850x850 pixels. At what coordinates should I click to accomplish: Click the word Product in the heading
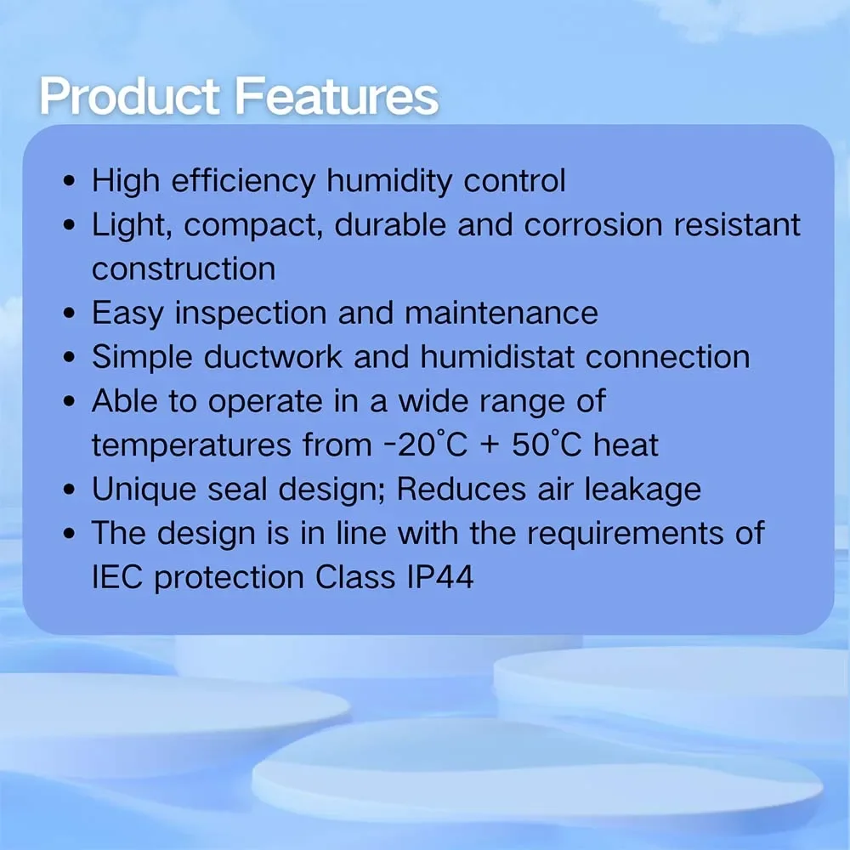(x=129, y=97)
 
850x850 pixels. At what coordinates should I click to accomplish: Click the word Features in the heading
(x=337, y=96)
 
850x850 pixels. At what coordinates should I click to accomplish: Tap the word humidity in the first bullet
(x=388, y=181)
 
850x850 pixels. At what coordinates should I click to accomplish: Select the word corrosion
(x=593, y=225)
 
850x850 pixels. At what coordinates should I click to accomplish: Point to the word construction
(x=184, y=269)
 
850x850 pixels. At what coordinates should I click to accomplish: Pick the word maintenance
(x=501, y=314)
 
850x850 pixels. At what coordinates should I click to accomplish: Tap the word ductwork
(x=273, y=357)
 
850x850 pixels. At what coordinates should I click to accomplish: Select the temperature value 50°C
(x=547, y=445)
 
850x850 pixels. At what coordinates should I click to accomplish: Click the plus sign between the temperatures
(x=490, y=446)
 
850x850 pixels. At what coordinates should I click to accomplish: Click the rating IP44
(x=439, y=577)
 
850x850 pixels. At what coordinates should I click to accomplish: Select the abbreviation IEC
(x=117, y=577)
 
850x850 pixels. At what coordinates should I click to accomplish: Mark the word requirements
(x=625, y=534)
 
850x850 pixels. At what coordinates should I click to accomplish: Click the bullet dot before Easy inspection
(x=69, y=314)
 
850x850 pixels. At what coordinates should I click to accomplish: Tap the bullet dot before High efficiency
(x=69, y=182)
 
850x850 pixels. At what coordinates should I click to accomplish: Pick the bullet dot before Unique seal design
(x=69, y=490)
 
